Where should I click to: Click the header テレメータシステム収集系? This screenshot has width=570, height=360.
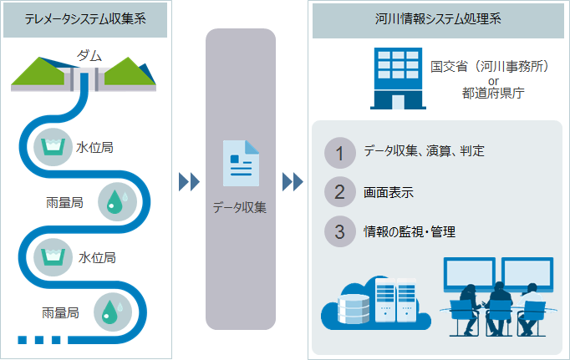(x=85, y=19)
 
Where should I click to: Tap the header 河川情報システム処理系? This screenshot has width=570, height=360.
(x=438, y=19)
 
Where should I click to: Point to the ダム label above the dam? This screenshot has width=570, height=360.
(x=89, y=56)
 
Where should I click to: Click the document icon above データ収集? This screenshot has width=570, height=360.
(x=241, y=163)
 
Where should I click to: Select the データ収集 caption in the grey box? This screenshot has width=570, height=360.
(x=240, y=207)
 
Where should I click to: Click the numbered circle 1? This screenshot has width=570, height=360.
(x=340, y=153)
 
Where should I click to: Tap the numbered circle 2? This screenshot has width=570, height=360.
(x=340, y=192)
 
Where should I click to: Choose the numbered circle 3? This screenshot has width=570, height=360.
(x=340, y=231)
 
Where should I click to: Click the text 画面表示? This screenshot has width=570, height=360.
(x=389, y=193)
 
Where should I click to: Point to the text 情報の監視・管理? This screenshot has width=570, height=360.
(x=410, y=231)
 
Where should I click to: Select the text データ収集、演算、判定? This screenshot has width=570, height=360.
(x=424, y=150)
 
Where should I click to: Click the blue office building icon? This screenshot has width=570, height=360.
(x=398, y=79)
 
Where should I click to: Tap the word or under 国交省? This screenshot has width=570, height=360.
(x=493, y=81)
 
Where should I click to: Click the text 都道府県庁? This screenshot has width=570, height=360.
(x=493, y=94)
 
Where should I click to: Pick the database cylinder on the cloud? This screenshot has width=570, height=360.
(x=354, y=309)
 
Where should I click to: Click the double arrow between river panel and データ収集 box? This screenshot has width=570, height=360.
(x=189, y=181)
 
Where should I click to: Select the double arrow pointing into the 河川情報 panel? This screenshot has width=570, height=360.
(x=293, y=181)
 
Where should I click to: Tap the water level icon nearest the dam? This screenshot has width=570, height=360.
(x=53, y=147)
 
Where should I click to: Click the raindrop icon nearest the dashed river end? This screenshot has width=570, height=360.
(x=113, y=312)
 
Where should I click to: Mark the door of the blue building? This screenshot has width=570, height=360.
(x=398, y=102)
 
